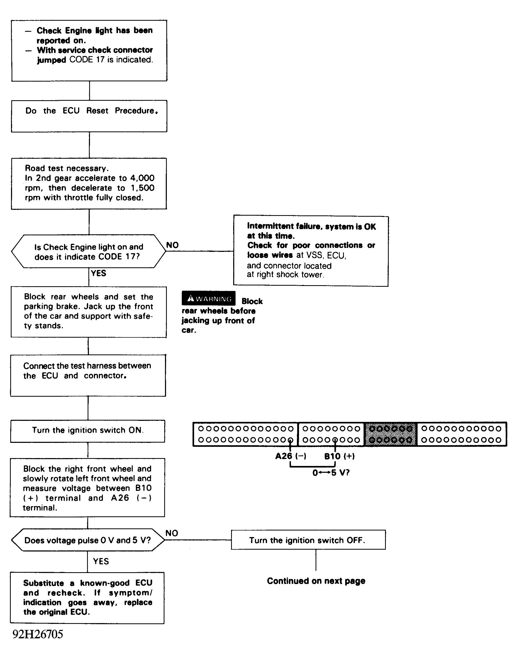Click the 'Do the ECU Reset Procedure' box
point(89,116)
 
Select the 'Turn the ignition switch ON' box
point(88,431)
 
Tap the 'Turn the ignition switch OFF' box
point(308,540)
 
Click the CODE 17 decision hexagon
point(88,251)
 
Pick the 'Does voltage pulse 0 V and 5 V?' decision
point(88,540)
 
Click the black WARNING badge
point(209,299)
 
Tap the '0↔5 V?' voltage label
point(331,473)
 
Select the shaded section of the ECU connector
point(391,434)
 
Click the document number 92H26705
point(38,634)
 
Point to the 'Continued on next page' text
point(316,581)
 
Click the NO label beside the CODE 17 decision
point(172,245)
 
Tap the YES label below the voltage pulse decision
point(101,561)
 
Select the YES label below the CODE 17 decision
point(98,273)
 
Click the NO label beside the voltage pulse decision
point(172,533)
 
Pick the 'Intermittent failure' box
point(311,251)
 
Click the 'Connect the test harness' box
point(88,375)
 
